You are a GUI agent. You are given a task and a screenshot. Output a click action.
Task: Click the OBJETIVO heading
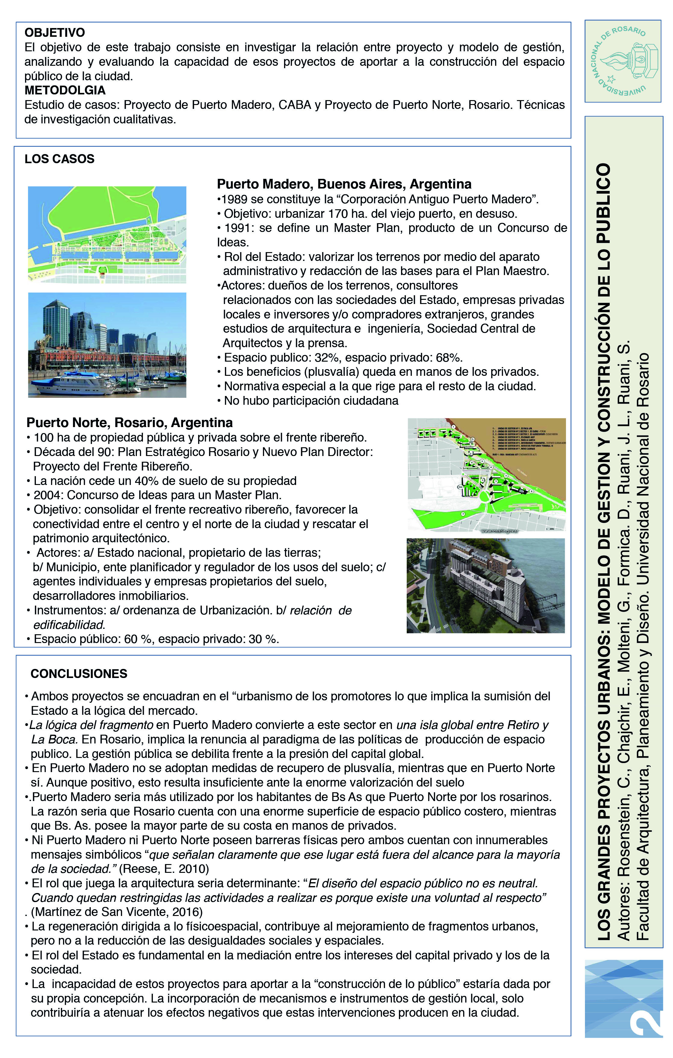(55, 33)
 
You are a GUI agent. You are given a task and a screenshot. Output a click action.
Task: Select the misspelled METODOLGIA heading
(65, 90)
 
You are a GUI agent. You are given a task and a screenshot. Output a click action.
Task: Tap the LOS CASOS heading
(59, 159)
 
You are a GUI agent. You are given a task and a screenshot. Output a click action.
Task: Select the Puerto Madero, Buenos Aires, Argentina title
(344, 184)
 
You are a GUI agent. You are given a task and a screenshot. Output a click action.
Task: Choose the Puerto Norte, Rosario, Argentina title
(130, 423)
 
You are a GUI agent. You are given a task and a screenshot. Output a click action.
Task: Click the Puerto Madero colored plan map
(107, 235)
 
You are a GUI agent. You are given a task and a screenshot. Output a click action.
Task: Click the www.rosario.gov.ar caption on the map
(500, 531)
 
